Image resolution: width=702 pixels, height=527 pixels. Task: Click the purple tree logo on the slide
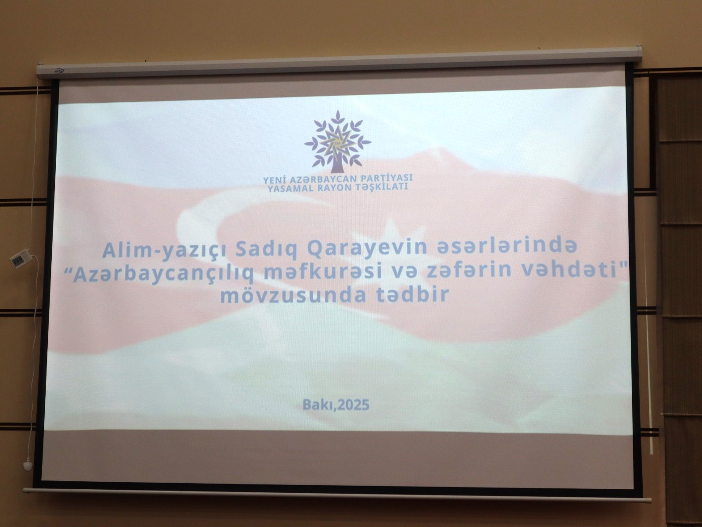337,142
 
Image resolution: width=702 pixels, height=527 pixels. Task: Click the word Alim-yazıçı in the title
164,251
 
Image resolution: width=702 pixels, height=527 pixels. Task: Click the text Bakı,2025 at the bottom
336,405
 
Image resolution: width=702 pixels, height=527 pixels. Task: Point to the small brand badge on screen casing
59,71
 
